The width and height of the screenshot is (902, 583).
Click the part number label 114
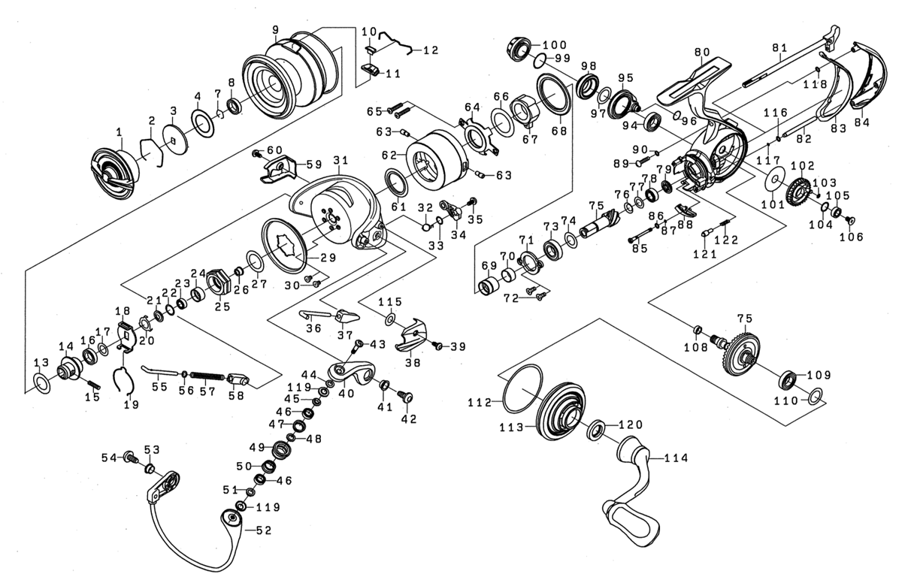pos(676,458)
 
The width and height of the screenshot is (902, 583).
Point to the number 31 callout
pos(341,161)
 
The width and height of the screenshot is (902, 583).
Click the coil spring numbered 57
pos(207,374)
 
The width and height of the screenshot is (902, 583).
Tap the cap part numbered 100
pos(517,49)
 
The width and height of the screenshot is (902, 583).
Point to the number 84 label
pos(861,123)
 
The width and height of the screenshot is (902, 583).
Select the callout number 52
pos(264,530)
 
